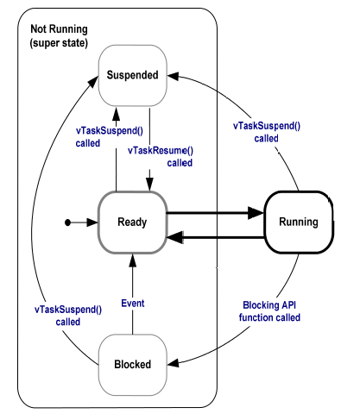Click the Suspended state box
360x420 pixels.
[133, 75]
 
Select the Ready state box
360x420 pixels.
[132, 223]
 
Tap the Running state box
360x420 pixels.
[299, 223]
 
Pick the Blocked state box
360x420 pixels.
[133, 365]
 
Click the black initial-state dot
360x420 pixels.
[67, 223]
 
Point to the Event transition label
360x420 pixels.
[133, 304]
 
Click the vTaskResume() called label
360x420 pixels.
[161, 157]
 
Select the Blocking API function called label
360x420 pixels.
[269, 311]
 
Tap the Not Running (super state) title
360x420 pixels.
[59, 36]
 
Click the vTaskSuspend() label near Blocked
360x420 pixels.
[68, 316]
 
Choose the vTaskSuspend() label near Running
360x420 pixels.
[267, 132]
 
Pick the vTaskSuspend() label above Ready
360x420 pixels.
[110, 137]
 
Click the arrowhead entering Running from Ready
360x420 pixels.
[256, 213]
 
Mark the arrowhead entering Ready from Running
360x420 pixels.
[175, 237]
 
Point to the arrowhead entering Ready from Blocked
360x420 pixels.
[133, 260]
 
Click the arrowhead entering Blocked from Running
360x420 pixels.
[174, 363]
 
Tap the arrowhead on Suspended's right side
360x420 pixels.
[174, 77]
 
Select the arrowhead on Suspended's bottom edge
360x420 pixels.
[117, 114]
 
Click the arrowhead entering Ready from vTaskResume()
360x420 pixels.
[149, 184]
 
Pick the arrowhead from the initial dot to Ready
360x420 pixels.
[92, 223]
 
